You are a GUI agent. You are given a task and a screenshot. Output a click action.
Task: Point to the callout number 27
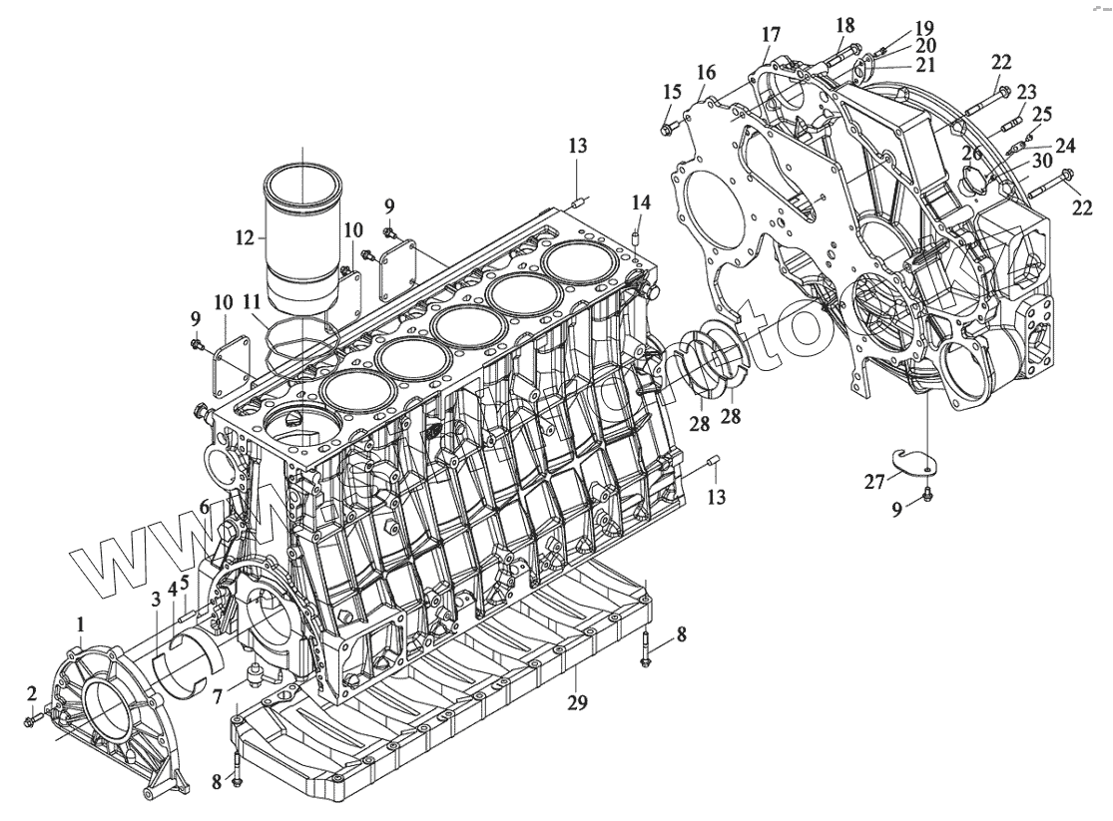pyautogui.click(x=875, y=483)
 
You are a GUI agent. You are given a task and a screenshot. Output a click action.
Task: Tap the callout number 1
pyautogui.click(x=81, y=624)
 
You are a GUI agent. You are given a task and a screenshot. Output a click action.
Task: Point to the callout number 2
pyautogui.click(x=32, y=693)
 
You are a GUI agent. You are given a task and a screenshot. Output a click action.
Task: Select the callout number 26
pyautogui.click(x=972, y=153)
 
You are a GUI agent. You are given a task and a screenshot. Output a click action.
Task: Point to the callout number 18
pyautogui.click(x=845, y=24)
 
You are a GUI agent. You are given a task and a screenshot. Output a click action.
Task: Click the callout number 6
pyautogui.click(x=204, y=507)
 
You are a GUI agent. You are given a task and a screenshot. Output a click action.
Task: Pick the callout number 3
pyautogui.click(x=156, y=600)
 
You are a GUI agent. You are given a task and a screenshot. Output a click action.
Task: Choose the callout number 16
pyautogui.click(x=707, y=72)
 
